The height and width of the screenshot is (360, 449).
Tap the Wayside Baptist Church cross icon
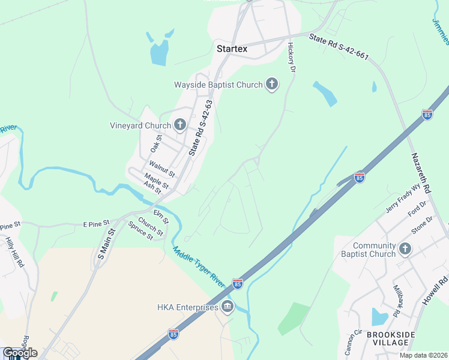coord(272,85)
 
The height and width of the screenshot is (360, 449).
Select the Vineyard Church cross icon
coord(179,125)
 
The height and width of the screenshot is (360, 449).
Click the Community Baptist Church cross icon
coord(405,249)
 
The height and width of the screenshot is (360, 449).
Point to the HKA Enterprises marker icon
coord(228,307)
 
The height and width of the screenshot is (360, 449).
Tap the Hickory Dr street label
coord(292,57)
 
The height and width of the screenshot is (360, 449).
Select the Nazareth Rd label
coord(421,172)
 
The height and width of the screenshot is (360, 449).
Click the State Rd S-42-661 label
coord(339,47)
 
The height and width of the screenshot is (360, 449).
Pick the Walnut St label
coord(161,169)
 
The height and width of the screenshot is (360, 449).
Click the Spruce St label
coord(140,230)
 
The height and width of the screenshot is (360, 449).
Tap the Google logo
coord(20,353)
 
